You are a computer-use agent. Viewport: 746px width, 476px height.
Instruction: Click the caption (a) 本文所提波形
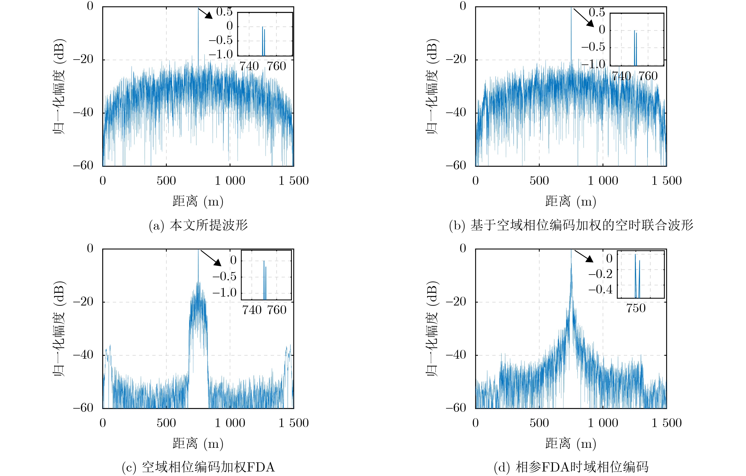[198, 225]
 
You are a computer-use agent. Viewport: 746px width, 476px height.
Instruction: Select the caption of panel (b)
[571, 225]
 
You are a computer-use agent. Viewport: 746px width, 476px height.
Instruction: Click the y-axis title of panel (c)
[59, 329]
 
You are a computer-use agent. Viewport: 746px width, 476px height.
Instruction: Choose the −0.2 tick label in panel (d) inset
[600, 274]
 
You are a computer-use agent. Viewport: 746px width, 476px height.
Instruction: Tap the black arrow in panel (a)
[205, 13]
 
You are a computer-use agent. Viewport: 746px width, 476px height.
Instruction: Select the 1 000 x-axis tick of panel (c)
[230, 423]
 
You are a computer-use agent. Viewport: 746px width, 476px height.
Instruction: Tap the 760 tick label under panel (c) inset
[277, 310]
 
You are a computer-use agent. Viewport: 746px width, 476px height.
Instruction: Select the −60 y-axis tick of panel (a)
[83, 165]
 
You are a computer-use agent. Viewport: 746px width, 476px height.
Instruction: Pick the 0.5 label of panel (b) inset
[597, 12]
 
